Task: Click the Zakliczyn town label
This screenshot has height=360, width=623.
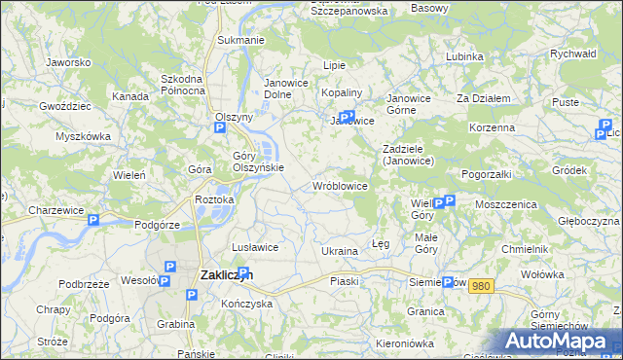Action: [227, 275]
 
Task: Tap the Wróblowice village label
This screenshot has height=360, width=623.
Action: [339, 185]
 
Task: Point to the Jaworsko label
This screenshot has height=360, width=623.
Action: [68, 62]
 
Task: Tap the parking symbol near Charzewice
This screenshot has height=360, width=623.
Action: [93, 221]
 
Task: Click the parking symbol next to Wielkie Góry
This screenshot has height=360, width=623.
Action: [438, 203]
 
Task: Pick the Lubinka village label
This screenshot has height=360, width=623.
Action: [464, 56]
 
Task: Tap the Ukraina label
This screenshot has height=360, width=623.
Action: [340, 251]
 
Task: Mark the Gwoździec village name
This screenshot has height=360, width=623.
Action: [65, 104]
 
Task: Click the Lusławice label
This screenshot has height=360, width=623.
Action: [256, 247]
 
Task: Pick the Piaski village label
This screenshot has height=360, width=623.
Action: [345, 281]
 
